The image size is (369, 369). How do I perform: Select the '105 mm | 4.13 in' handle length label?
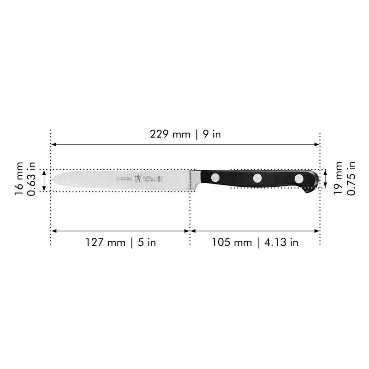(255, 242)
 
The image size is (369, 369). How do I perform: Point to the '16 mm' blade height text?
(19, 179)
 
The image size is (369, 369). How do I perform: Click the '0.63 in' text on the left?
(32, 179)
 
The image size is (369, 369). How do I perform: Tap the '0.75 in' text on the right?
(351, 178)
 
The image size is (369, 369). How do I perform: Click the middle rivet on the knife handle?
(257, 178)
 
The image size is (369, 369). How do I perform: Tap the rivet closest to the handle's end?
(299, 178)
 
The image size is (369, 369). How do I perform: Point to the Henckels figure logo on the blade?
(137, 179)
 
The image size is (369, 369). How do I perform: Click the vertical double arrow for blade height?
(44, 180)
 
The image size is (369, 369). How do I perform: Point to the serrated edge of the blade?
(115, 188)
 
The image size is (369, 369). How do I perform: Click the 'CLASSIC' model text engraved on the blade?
(147, 177)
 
